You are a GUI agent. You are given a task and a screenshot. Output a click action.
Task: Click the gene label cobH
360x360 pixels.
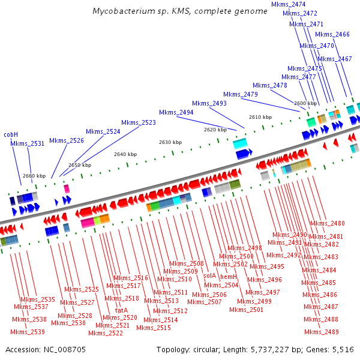tap(11, 134)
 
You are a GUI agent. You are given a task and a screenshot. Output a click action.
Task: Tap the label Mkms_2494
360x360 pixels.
tap(176, 112)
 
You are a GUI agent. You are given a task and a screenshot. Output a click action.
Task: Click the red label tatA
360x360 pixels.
tap(121, 310)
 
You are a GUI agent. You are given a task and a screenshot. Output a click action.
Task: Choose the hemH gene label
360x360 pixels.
tap(229, 277)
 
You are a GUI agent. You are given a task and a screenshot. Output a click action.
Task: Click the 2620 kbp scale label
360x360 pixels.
tap(215, 130)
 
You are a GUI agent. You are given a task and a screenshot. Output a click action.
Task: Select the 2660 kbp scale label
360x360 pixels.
tap(34, 176)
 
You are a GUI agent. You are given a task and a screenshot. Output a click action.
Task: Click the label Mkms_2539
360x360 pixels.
tap(28, 332)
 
